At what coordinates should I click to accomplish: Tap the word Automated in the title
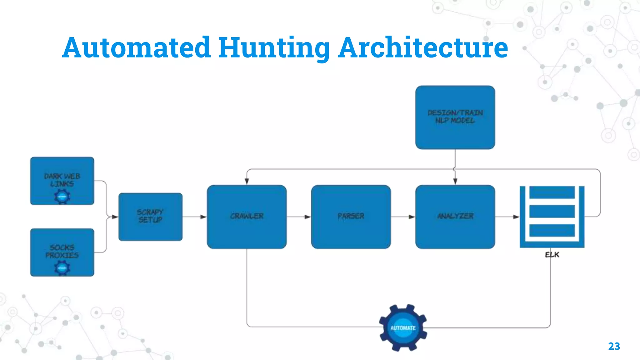[x=136, y=47]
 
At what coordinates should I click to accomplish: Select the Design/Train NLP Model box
[x=455, y=117]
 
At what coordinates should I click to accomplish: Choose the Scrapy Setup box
[x=150, y=217]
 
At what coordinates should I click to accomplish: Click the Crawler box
[x=247, y=217]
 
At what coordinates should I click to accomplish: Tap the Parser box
[x=351, y=217]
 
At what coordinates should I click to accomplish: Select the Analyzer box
[x=455, y=217]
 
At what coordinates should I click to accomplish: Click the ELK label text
[x=552, y=255]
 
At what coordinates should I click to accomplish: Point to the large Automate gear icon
[x=403, y=328]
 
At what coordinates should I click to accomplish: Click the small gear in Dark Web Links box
[x=62, y=197]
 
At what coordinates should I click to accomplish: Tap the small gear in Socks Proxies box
[x=62, y=268]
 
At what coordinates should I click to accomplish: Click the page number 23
[x=614, y=346]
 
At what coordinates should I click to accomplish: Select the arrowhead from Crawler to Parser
[x=308, y=217]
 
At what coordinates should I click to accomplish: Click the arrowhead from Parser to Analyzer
[x=412, y=217]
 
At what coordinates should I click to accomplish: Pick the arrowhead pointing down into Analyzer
[x=455, y=182]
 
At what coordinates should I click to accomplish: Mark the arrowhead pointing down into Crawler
[x=247, y=182]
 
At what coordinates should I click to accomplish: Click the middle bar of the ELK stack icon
[x=552, y=212]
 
